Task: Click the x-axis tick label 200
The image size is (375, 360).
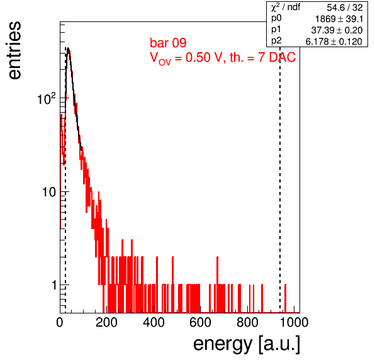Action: tap(106, 322)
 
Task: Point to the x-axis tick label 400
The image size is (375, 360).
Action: tap(154, 322)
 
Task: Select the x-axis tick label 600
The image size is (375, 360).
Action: tap(201, 322)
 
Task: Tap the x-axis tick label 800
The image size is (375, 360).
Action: tap(247, 322)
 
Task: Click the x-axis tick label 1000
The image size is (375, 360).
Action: tap(294, 322)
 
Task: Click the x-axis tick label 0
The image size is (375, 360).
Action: tap(60, 322)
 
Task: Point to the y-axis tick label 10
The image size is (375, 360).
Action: tap(49, 192)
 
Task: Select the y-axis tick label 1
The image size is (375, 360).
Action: tap(54, 285)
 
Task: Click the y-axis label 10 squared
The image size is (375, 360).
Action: tap(47, 98)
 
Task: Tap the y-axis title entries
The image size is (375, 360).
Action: tap(14, 50)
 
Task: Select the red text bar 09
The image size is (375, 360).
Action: tap(168, 43)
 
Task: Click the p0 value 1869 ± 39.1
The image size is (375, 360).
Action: tap(339, 19)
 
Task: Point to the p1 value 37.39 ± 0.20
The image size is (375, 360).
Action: tap(337, 30)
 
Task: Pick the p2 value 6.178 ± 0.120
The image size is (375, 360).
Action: tap(334, 42)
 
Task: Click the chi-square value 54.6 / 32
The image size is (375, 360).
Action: tap(345, 8)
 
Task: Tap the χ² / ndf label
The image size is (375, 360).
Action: tap(286, 8)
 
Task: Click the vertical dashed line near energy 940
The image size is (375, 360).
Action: tap(280, 179)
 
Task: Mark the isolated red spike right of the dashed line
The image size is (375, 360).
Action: tap(285, 298)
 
